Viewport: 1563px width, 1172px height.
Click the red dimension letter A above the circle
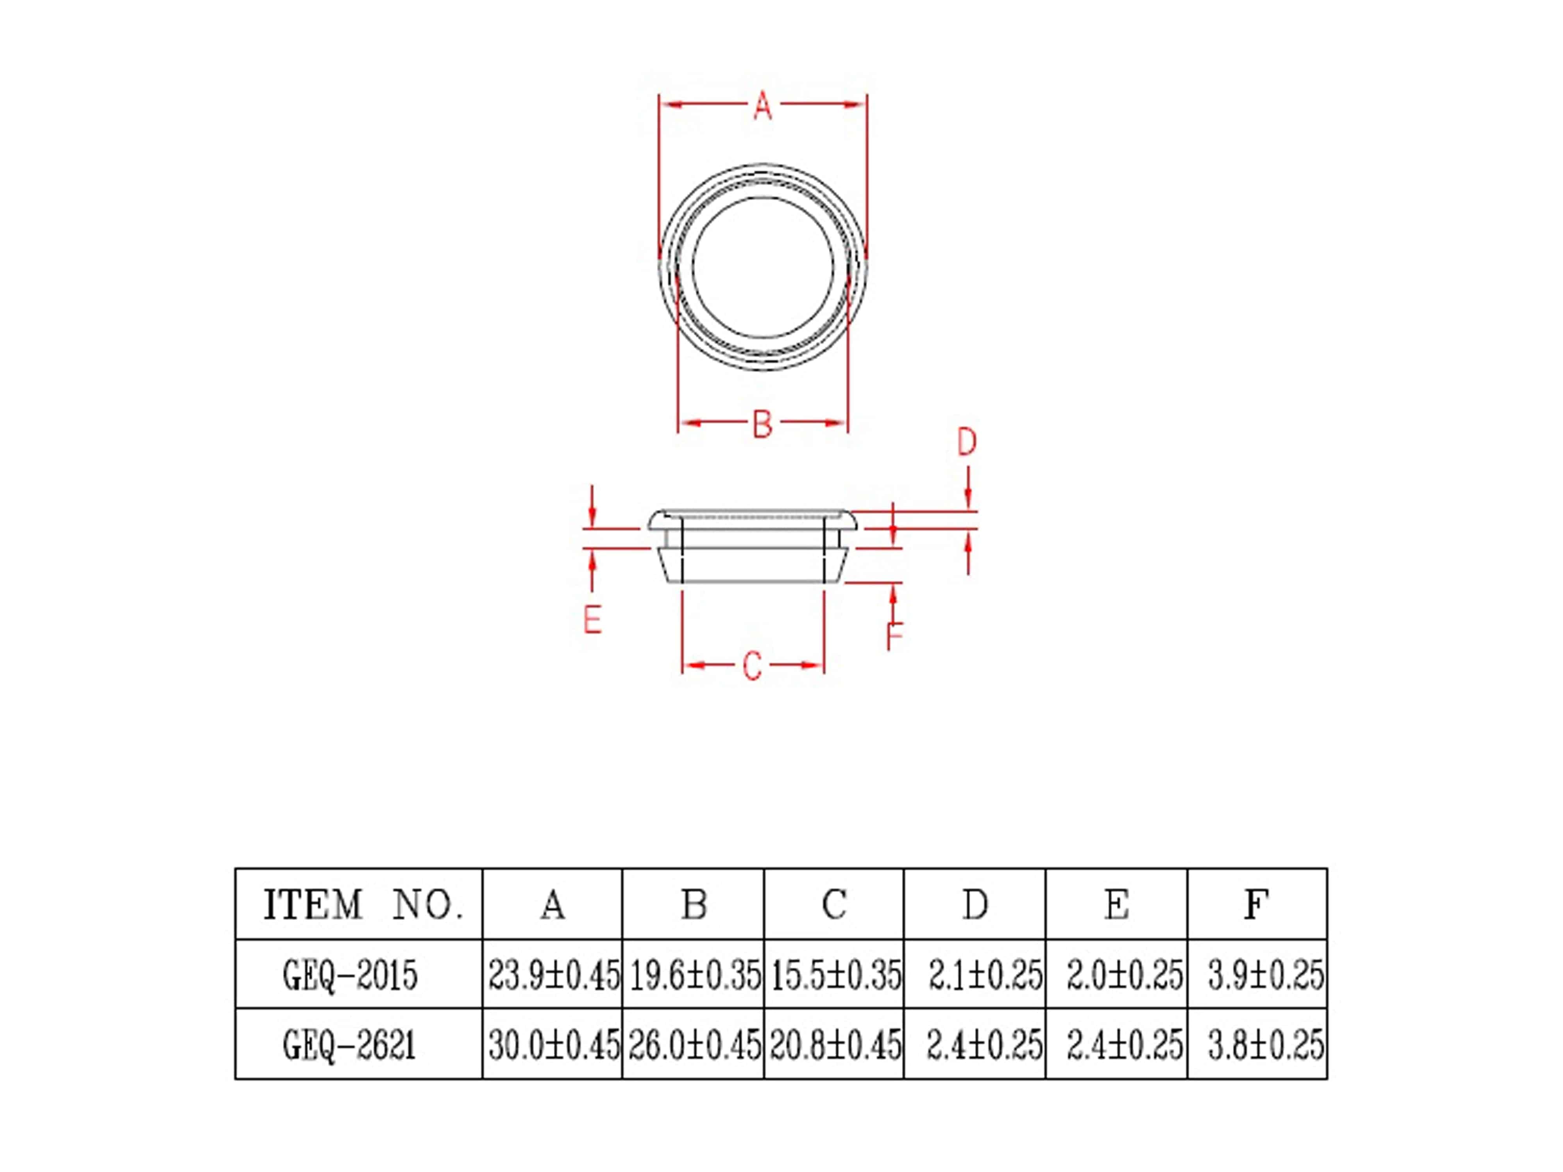coord(762,106)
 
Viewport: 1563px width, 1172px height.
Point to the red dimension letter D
coord(967,442)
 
